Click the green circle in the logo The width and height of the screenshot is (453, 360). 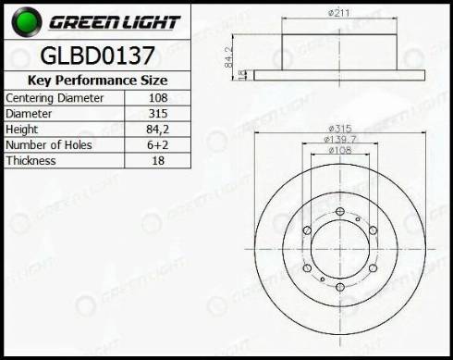pos(27,21)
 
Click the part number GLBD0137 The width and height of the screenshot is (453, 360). pos(97,56)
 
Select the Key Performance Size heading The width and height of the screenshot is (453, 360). pos(97,81)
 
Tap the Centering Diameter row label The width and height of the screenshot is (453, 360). pos(55,98)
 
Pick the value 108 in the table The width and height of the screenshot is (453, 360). pos(158,98)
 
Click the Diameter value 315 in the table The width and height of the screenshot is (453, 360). pos(158,114)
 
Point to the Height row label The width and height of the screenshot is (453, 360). pos(22,130)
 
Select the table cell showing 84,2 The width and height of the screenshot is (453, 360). pos(158,130)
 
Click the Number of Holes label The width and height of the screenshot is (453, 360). pos(49,145)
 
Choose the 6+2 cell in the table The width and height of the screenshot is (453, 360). pos(158,145)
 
